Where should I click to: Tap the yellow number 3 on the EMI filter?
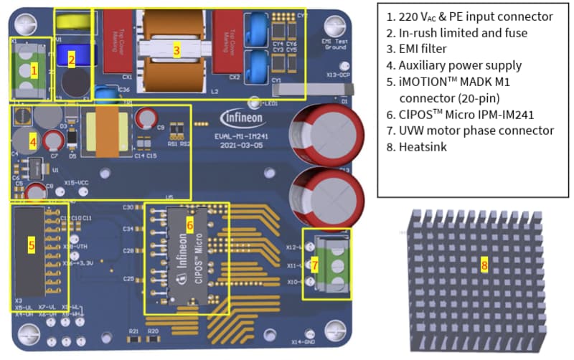[176, 49]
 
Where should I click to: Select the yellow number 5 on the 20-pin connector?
[32, 245]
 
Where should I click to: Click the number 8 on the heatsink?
[484, 265]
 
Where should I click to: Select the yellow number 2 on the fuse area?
[71, 60]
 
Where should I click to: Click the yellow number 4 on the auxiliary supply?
[32, 142]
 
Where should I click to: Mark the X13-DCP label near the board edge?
[337, 75]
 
